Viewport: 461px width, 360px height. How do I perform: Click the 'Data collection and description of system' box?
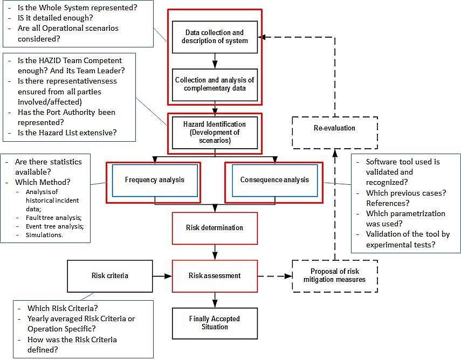[x=215, y=37]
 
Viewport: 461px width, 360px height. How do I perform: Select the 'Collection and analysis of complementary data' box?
[x=215, y=84]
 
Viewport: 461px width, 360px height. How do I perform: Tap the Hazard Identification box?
[x=215, y=132]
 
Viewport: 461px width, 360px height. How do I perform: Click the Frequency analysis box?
[x=154, y=179]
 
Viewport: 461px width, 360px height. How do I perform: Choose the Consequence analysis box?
[x=275, y=179]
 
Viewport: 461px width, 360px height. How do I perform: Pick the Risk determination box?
[x=215, y=227]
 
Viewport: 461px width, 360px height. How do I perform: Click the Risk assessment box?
[x=215, y=275]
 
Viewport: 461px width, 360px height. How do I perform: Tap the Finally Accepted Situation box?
[x=215, y=323]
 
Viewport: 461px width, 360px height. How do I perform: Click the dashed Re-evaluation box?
[x=334, y=128]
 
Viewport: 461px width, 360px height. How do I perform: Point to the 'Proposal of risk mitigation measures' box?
[x=334, y=275]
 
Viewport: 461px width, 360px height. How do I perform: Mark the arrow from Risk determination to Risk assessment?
[x=215, y=251]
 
